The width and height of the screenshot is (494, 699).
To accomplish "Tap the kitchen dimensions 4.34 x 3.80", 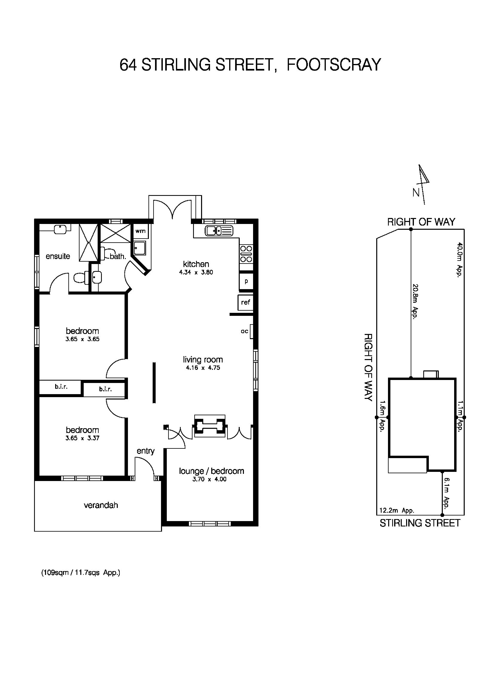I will (196, 272).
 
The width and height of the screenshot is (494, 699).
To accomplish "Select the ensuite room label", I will (58, 256).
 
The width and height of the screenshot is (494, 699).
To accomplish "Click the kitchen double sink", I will (219, 231).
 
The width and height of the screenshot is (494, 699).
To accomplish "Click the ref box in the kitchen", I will (245, 302).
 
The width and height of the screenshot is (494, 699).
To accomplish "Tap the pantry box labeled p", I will (246, 281).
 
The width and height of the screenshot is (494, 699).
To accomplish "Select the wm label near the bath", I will (140, 231).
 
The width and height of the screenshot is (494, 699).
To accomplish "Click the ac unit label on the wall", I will (245, 331).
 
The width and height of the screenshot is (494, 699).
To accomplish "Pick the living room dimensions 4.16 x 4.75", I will (203, 368).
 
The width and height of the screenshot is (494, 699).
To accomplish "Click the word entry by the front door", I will (145, 451).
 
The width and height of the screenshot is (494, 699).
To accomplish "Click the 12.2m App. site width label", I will (397, 511).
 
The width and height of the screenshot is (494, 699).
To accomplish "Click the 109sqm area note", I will (81, 573).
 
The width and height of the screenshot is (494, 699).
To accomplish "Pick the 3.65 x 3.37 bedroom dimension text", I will (82, 438).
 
